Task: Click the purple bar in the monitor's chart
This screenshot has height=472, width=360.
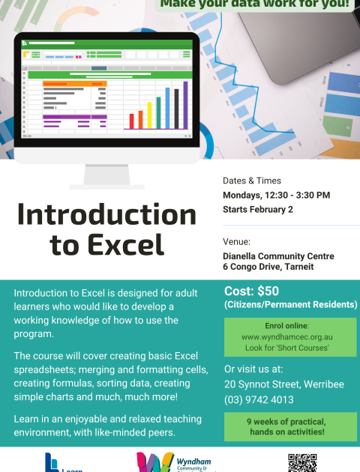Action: pyautogui.click(x=185, y=105)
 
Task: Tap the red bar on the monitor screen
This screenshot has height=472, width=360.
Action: pyautogui.click(x=132, y=121)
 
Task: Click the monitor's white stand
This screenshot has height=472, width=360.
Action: pyautogui.click(x=103, y=177)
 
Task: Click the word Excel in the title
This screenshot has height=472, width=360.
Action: pyautogui.click(x=127, y=244)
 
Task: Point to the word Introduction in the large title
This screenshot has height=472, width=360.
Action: pyautogui.click(x=106, y=214)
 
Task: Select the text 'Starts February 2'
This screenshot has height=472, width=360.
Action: pyautogui.click(x=258, y=209)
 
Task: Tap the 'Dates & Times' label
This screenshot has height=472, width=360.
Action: pyautogui.click(x=252, y=181)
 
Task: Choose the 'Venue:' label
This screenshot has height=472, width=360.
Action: pyautogui.click(x=237, y=242)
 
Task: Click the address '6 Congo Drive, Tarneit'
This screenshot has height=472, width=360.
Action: pyautogui.click(x=268, y=267)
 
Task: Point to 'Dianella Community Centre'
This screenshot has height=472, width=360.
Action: pyautogui.click(x=278, y=255)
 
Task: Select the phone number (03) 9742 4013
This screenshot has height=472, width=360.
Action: pyautogui.click(x=259, y=399)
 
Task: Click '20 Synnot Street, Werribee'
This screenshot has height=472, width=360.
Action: pyautogui.click(x=284, y=384)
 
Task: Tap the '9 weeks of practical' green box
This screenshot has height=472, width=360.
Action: pyautogui.click(x=290, y=426)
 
